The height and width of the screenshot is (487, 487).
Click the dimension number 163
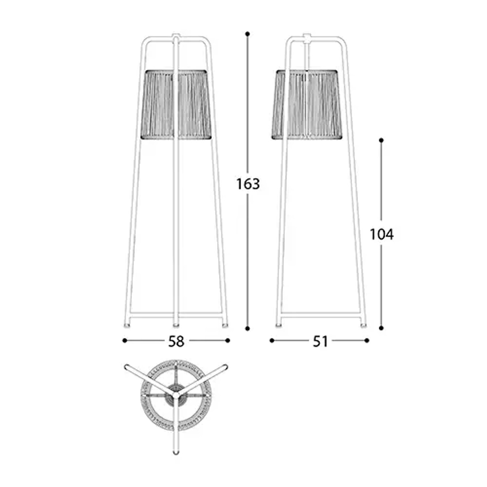pos(248,184)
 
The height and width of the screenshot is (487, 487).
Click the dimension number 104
pos(382,234)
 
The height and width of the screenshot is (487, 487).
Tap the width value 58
pos(176,341)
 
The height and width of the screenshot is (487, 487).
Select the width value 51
pos(320,341)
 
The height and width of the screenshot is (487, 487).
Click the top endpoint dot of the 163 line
pos(248,34)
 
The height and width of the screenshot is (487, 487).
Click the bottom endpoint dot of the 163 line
pos(248,328)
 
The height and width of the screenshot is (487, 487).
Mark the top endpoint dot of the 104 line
pos(381,140)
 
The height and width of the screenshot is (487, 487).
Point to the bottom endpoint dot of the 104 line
pos(381,328)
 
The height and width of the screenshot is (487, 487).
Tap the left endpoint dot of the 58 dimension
pos(125,341)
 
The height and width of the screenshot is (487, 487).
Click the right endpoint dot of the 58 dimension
pos(228,341)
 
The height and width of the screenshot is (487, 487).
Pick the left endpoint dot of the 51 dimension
pos(272,341)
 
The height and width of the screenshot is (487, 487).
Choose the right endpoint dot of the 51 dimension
pos(367,341)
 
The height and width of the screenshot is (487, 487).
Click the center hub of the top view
pos(176,396)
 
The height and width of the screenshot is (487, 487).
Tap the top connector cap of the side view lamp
pos(307,38)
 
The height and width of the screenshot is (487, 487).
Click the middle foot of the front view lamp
pos(176,325)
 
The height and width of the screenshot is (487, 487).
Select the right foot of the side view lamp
pos(364,326)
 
